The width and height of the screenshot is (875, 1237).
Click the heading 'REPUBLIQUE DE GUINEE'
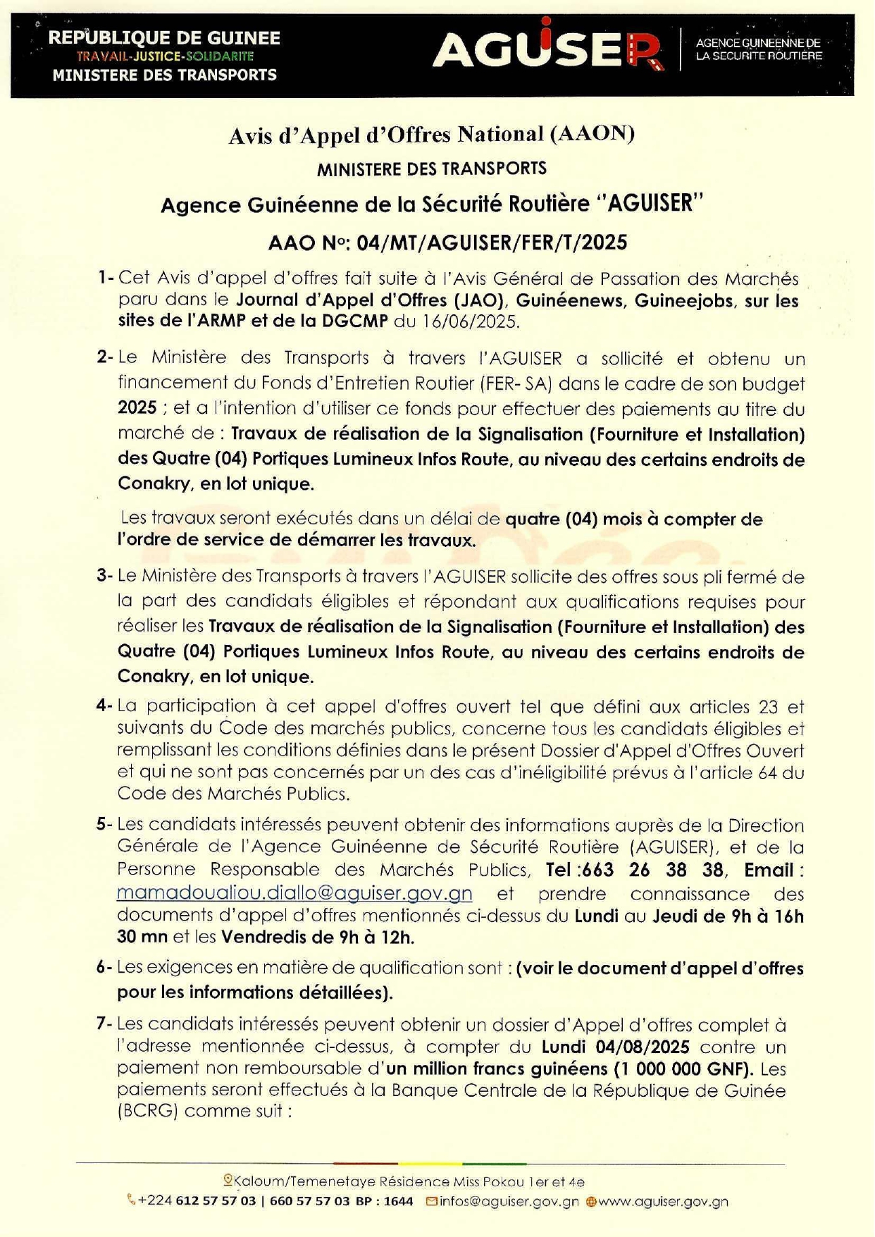click(164, 38)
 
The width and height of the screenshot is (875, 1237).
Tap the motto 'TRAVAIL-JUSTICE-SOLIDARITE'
click(165, 56)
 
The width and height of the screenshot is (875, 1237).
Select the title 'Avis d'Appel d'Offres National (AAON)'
click(431, 134)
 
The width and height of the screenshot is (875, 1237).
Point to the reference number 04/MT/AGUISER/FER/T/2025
click(492, 243)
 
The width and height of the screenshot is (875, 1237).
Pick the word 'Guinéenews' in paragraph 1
click(570, 301)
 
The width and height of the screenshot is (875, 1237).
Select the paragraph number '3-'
click(105, 576)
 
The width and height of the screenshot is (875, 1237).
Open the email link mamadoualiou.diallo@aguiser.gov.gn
click(294, 893)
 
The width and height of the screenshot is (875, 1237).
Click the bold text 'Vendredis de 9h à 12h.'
click(318, 937)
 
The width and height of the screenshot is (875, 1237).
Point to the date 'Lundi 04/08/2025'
click(615, 1047)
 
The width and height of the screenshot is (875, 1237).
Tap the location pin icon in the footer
click(228, 1181)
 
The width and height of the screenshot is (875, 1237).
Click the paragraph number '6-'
click(104, 967)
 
